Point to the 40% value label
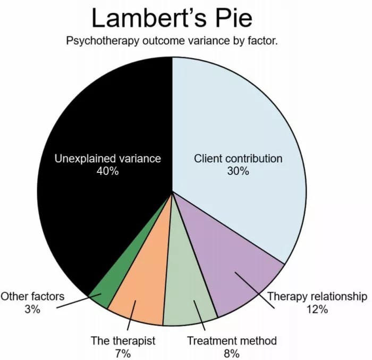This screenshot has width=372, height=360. coord(107,171)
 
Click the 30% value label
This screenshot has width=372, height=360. coord(238,171)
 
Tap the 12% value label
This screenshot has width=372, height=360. coord(317,309)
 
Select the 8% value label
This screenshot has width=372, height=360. coord(232,354)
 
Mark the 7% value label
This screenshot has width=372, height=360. coord(123,354)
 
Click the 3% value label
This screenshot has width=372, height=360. coord(32,309)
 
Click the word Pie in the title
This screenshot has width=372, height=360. coord(234,18)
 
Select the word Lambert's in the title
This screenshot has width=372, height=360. coord(149,18)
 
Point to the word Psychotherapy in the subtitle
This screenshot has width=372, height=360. coord(103,41)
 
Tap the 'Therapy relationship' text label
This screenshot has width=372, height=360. coord(317,296)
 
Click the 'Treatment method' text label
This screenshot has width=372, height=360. coord(232,340)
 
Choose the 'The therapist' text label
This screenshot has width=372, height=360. coord(123,340)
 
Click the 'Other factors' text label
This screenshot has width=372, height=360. coord(32,296)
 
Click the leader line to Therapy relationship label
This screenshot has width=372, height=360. coord(255,290)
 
